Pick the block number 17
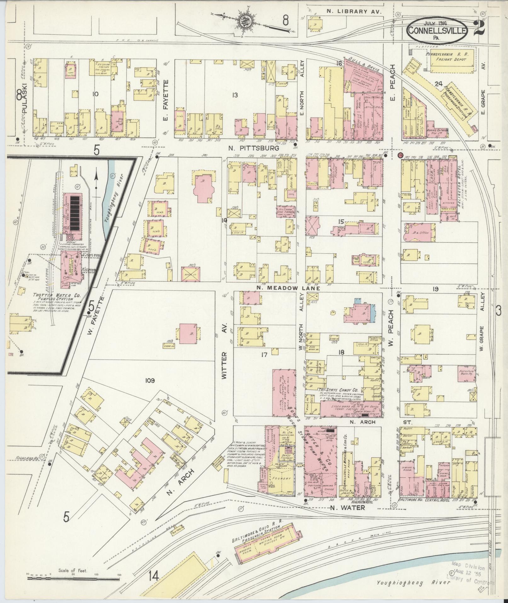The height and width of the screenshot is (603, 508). [x=264, y=355]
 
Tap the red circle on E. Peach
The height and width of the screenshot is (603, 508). [x=400, y=155]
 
